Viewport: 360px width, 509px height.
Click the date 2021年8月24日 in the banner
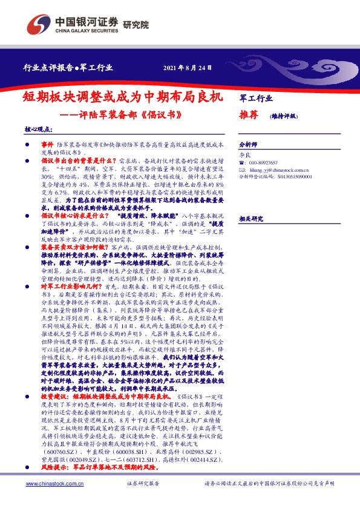point(186,66)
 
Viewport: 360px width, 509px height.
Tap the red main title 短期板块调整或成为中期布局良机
point(123,96)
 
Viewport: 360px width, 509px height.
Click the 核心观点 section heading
point(37,129)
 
